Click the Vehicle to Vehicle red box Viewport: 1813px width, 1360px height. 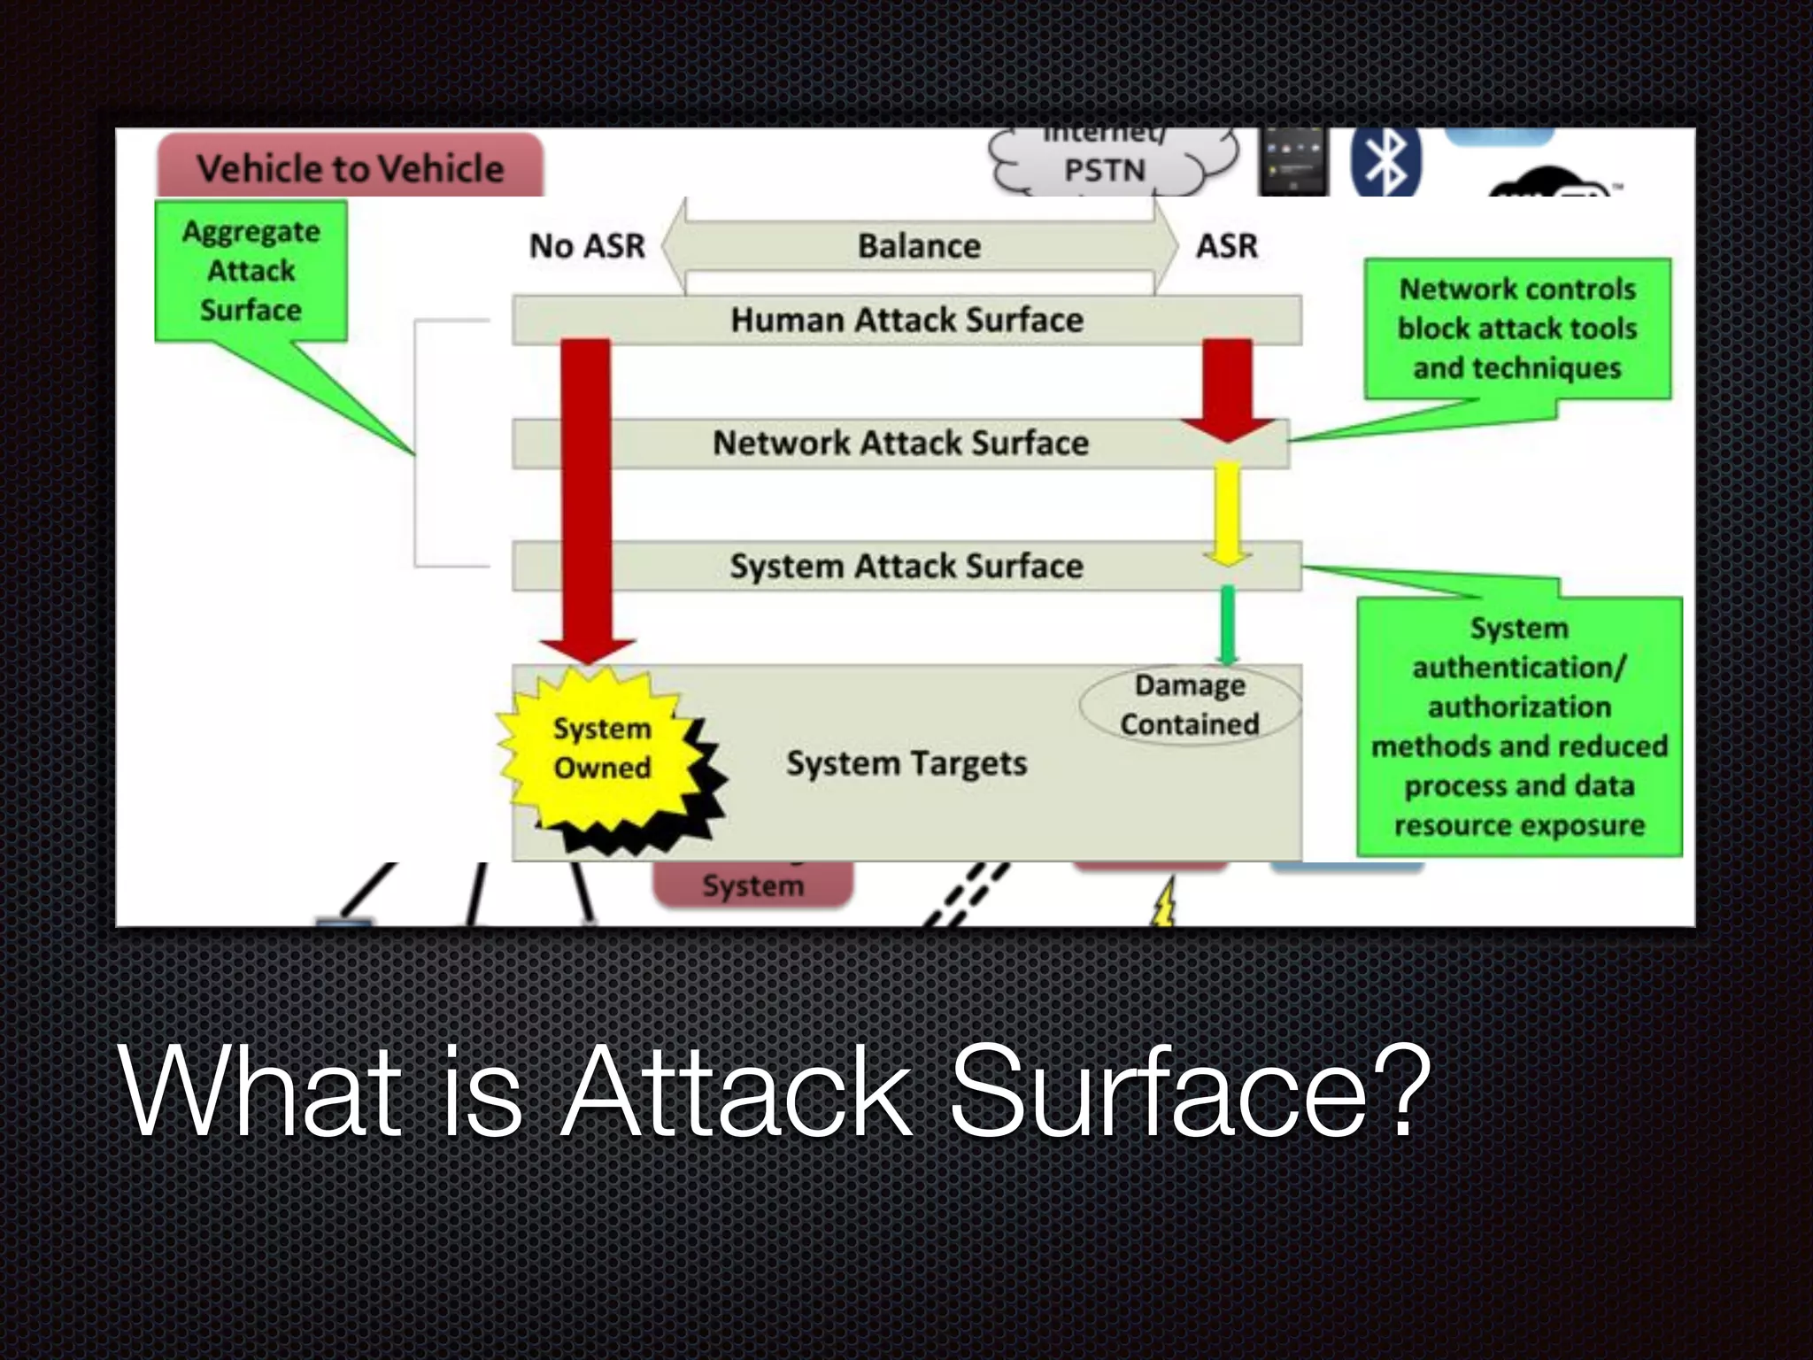click(x=351, y=166)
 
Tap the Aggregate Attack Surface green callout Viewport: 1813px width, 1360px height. click(x=251, y=271)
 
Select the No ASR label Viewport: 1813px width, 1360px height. click(x=587, y=245)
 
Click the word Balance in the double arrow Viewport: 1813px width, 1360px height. click(x=919, y=245)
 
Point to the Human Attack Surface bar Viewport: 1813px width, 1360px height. click(x=906, y=320)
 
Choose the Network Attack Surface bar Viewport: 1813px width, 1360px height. click(x=900, y=443)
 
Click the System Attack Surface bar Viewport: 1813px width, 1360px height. click(x=906, y=566)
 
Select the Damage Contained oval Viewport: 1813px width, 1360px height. click(x=1190, y=705)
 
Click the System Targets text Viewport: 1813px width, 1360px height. click(x=906, y=763)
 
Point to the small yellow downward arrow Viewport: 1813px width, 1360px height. click(x=1227, y=514)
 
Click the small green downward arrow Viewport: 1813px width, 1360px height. click(x=1227, y=624)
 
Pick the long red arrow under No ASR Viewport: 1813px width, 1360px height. click(x=587, y=496)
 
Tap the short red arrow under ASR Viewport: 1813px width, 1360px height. click(x=1227, y=390)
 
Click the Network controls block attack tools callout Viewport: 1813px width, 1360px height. click(x=1517, y=328)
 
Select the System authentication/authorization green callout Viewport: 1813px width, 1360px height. click(x=1519, y=726)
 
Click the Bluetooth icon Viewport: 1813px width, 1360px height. click(x=1385, y=162)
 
